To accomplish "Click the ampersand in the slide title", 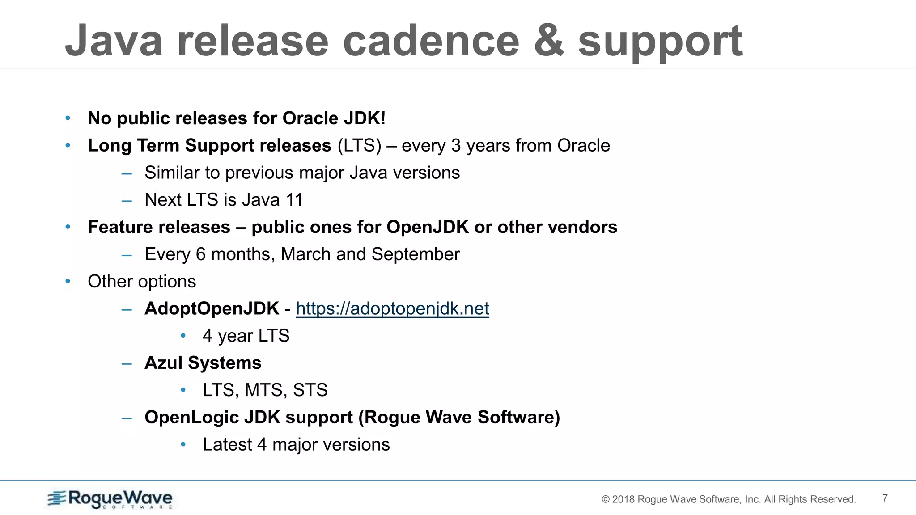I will (x=549, y=41).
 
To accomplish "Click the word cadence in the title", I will (x=431, y=41).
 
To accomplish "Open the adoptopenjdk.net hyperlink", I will (x=392, y=308).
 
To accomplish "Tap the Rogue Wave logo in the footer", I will (x=110, y=499).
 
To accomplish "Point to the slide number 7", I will (x=885, y=498).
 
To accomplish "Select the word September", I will (x=416, y=254).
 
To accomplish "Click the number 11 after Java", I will (x=294, y=200).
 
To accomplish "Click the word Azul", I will (x=163, y=363).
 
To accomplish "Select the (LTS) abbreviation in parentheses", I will (x=359, y=146).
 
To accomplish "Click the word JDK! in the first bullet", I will (x=365, y=118).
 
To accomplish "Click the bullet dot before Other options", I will (x=68, y=281).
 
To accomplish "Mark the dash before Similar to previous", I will (x=127, y=173).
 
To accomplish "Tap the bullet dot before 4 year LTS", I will (x=183, y=335).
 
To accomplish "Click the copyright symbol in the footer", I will (x=606, y=499).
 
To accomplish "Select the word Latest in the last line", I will (x=227, y=445).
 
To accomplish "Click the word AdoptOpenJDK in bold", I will (x=212, y=308).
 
